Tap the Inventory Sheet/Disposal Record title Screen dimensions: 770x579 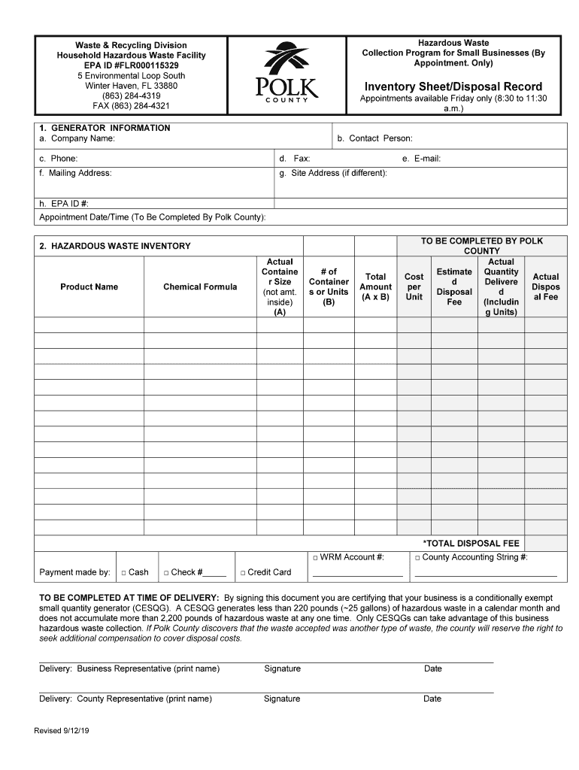(x=453, y=86)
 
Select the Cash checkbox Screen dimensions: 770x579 (x=124, y=573)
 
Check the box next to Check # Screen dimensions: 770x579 (x=166, y=573)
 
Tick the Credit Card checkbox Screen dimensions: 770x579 (x=243, y=573)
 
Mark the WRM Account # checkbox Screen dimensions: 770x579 (x=315, y=558)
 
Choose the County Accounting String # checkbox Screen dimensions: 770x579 (x=417, y=558)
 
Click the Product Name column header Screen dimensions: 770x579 (x=89, y=286)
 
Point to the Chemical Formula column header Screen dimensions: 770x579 (x=200, y=286)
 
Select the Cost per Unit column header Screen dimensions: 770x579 (x=414, y=286)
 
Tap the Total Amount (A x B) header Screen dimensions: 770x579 (x=375, y=286)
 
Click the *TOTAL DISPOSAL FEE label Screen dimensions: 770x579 (x=471, y=543)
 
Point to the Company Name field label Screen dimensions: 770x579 (x=77, y=138)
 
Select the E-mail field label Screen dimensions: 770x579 (x=422, y=159)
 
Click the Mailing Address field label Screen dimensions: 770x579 (x=75, y=173)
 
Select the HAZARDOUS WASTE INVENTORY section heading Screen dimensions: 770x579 (x=115, y=246)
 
